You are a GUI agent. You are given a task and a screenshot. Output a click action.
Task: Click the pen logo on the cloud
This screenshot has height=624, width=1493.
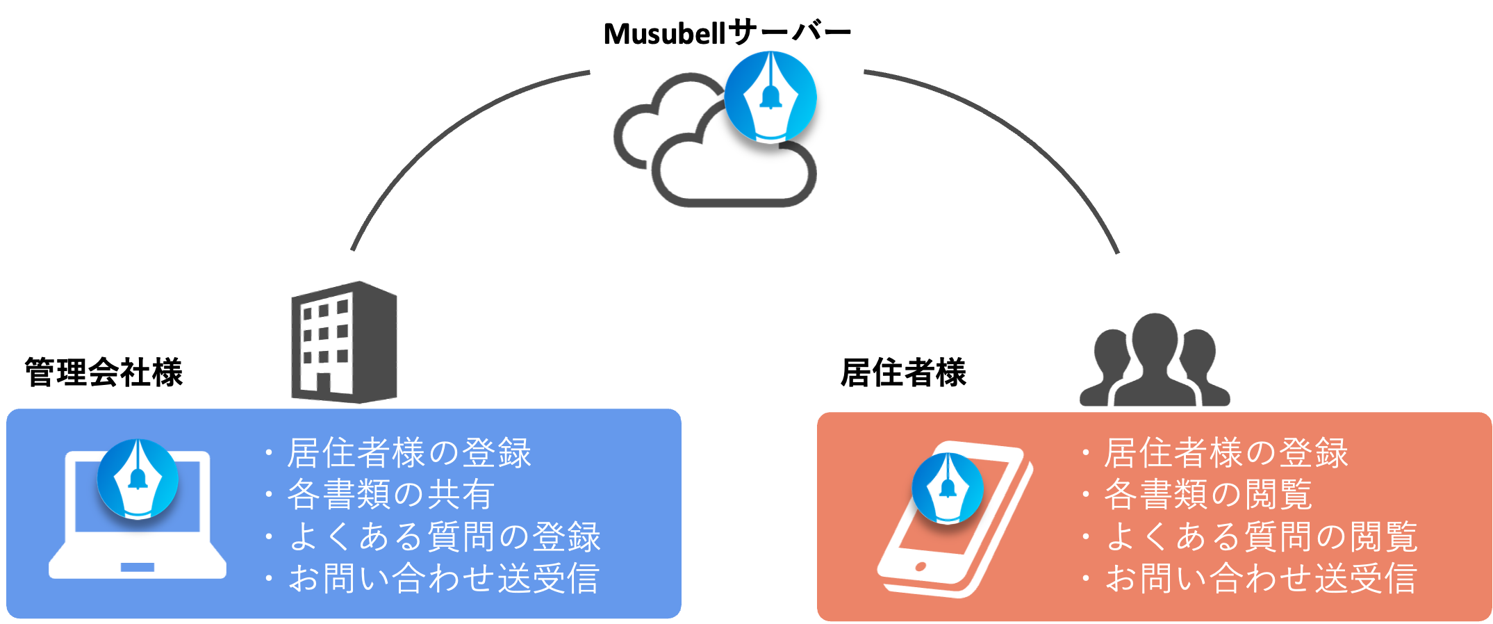tap(770, 97)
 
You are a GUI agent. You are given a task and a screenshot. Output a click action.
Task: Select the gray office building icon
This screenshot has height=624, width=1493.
tap(343, 342)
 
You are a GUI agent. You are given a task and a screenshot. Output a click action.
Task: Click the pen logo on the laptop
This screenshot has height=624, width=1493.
tap(138, 479)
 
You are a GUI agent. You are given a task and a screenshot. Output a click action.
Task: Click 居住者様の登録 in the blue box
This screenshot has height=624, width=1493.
tap(409, 453)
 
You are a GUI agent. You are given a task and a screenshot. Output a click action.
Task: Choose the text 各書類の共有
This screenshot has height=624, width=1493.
tap(390, 495)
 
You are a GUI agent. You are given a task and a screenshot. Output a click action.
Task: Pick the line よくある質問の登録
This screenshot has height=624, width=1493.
tap(444, 536)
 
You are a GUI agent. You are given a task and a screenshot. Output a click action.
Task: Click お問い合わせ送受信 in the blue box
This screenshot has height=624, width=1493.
tap(443, 578)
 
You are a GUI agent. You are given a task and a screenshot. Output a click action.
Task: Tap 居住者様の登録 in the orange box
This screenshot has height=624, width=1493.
tap(1226, 453)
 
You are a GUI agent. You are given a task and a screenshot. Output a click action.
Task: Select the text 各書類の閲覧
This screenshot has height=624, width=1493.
tap(1208, 495)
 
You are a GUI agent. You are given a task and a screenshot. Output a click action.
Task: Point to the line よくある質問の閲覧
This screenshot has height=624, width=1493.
tap(1260, 536)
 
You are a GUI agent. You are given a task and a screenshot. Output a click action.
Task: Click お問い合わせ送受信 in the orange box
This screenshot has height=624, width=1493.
tap(1260, 578)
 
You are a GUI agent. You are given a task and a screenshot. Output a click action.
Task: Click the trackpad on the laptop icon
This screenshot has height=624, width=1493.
tap(137, 567)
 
